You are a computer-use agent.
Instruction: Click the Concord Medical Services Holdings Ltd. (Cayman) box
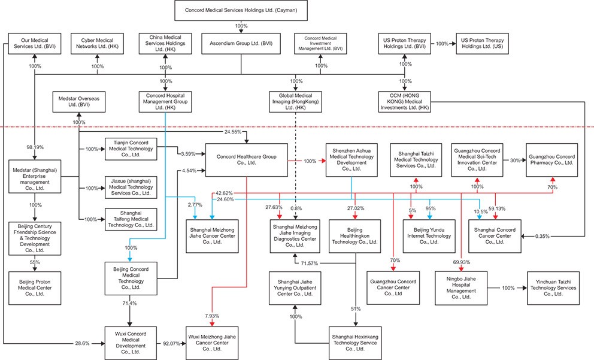[x=241, y=10]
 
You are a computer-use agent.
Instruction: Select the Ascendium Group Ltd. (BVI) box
[x=241, y=44]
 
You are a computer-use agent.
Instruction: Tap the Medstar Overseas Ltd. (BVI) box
[x=79, y=102]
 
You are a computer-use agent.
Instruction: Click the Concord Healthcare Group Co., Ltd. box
[x=246, y=159]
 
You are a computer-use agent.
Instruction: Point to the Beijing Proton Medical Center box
[x=35, y=288]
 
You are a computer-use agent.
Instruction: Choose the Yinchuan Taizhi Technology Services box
[x=553, y=288]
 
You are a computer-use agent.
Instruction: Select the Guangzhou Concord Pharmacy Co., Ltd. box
[x=552, y=160]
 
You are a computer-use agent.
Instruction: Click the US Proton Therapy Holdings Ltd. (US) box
[x=482, y=44]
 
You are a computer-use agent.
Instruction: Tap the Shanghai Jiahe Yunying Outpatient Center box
[x=295, y=288]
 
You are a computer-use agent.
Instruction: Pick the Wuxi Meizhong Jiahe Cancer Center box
[x=212, y=343]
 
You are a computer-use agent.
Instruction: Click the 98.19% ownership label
[x=35, y=147]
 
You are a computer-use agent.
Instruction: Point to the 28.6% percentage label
[x=82, y=343]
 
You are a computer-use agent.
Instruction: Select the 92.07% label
[x=172, y=343]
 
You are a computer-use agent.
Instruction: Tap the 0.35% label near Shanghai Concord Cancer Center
[x=543, y=236]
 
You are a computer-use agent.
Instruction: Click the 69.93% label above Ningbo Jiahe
[x=462, y=262]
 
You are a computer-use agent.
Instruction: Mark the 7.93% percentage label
[x=212, y=316]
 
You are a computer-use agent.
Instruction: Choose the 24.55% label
[x=233, y=132]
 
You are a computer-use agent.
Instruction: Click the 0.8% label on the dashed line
[x=296, y=208]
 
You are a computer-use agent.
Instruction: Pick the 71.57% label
[x=310, y=263]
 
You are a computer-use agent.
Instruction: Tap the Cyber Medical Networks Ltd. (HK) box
[x=98, y=44]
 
